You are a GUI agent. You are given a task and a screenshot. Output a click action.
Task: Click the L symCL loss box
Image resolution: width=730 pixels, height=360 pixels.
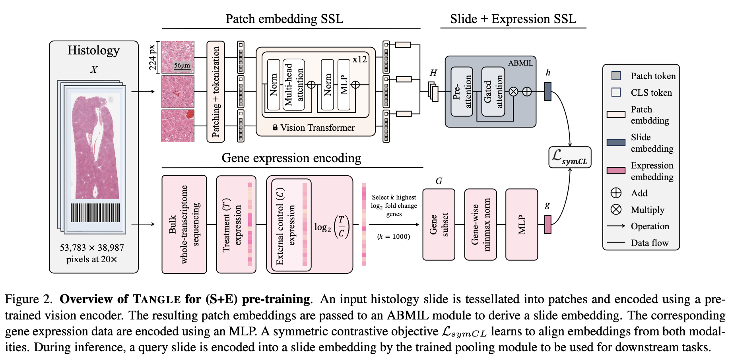(570, 157)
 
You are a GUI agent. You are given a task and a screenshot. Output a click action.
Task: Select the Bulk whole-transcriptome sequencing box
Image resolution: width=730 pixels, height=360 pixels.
(184, 225)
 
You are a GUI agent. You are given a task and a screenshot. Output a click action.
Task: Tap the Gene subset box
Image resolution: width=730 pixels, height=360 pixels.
(439, 225)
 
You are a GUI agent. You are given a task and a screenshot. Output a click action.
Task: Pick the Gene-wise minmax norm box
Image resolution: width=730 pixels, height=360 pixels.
(480, 225)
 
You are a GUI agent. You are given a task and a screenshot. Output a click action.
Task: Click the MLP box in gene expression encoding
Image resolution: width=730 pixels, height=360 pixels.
(522, 225)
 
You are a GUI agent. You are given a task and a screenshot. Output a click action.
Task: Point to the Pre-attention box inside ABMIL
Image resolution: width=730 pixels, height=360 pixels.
(462, 91)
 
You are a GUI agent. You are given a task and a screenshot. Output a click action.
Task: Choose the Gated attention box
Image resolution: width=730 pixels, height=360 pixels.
(493, 91)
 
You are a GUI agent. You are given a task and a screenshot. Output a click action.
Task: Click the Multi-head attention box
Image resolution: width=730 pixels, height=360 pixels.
(293, 85)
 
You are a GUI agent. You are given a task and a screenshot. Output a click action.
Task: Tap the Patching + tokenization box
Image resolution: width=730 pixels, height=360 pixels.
(216, 91)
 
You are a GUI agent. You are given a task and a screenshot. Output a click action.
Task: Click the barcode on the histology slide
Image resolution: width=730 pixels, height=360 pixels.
(95, 213)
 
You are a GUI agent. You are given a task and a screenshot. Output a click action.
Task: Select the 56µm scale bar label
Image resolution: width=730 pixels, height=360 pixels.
(182, 66)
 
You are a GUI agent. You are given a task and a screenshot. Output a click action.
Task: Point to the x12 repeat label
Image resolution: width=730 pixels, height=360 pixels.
(359, 60)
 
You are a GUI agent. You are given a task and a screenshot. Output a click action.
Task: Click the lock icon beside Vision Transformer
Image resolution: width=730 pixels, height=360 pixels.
(275, 128)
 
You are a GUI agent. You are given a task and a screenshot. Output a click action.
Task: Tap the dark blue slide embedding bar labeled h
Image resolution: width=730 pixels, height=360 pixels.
(548, 91)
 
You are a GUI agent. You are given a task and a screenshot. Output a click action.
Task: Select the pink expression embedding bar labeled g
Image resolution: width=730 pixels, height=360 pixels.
(548, 225)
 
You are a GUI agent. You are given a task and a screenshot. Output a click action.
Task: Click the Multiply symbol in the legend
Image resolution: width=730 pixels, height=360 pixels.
(616, 209)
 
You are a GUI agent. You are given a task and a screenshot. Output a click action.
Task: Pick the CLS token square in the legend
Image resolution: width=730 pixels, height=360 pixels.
(616, 92)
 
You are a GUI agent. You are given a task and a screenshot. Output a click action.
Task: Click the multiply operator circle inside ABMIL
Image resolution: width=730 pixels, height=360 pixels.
(513, 92)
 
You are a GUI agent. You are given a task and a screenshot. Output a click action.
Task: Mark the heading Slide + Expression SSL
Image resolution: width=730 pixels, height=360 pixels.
(513, 19)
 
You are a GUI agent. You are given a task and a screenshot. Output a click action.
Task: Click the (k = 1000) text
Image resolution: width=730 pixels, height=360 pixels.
(393, 237)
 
